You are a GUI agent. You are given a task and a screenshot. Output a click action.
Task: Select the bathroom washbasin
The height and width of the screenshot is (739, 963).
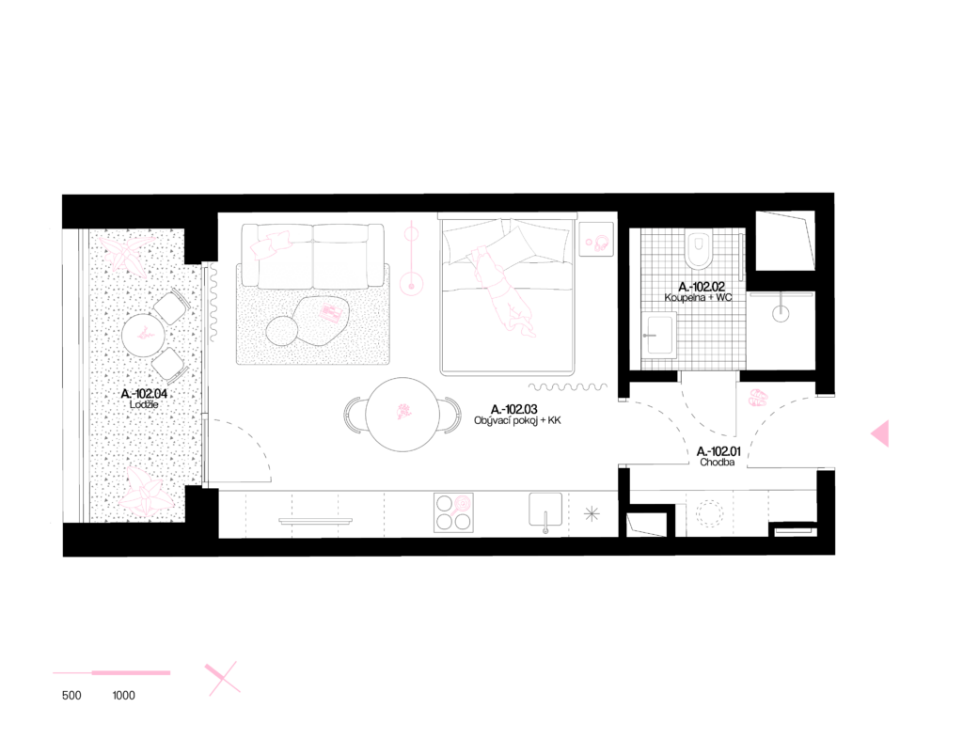658,335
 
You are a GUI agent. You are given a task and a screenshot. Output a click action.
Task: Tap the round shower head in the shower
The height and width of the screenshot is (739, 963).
781,313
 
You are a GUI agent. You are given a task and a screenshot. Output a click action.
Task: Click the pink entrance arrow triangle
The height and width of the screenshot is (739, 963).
881,433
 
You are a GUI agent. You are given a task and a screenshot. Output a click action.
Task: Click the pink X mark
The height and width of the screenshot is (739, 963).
222,678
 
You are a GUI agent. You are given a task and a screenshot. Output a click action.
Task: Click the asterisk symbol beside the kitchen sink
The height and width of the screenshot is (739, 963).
592,513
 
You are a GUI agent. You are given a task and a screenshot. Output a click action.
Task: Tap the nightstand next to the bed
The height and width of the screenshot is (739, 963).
595,240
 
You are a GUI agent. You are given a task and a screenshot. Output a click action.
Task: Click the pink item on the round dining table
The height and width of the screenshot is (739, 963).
404,412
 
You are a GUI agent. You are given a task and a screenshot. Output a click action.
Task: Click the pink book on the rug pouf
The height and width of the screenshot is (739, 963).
330,312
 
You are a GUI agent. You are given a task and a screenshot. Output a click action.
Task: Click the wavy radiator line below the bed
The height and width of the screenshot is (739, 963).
567,386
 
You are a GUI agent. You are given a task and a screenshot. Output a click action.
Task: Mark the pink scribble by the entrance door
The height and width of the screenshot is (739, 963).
758,398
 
